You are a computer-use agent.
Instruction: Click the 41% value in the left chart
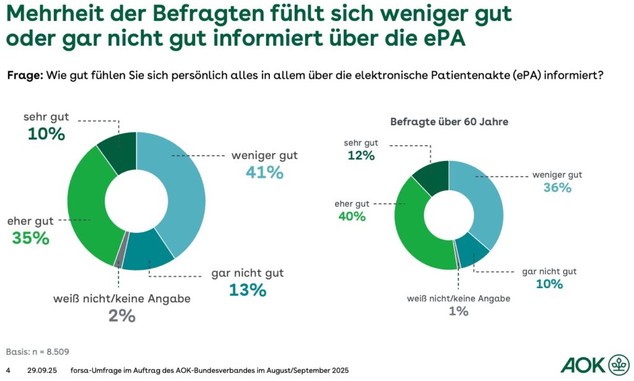click(x=264, y=173)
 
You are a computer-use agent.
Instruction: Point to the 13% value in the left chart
click(x=248, y=289)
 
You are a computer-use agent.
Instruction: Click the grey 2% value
click(x=122, y=315)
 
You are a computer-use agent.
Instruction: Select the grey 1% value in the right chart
click(x=458, y=312)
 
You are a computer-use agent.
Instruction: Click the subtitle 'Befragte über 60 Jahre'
click(x=449, y=122)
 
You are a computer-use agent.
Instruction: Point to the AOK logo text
click(x=581, y=364)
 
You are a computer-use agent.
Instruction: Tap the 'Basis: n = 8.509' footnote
click(x=37, y=351)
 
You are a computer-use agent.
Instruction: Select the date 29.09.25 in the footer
click(x=42, y=370)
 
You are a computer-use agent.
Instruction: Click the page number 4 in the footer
click(x=8, y=370)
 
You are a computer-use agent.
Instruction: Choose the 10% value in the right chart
click(x=549, y=284)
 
